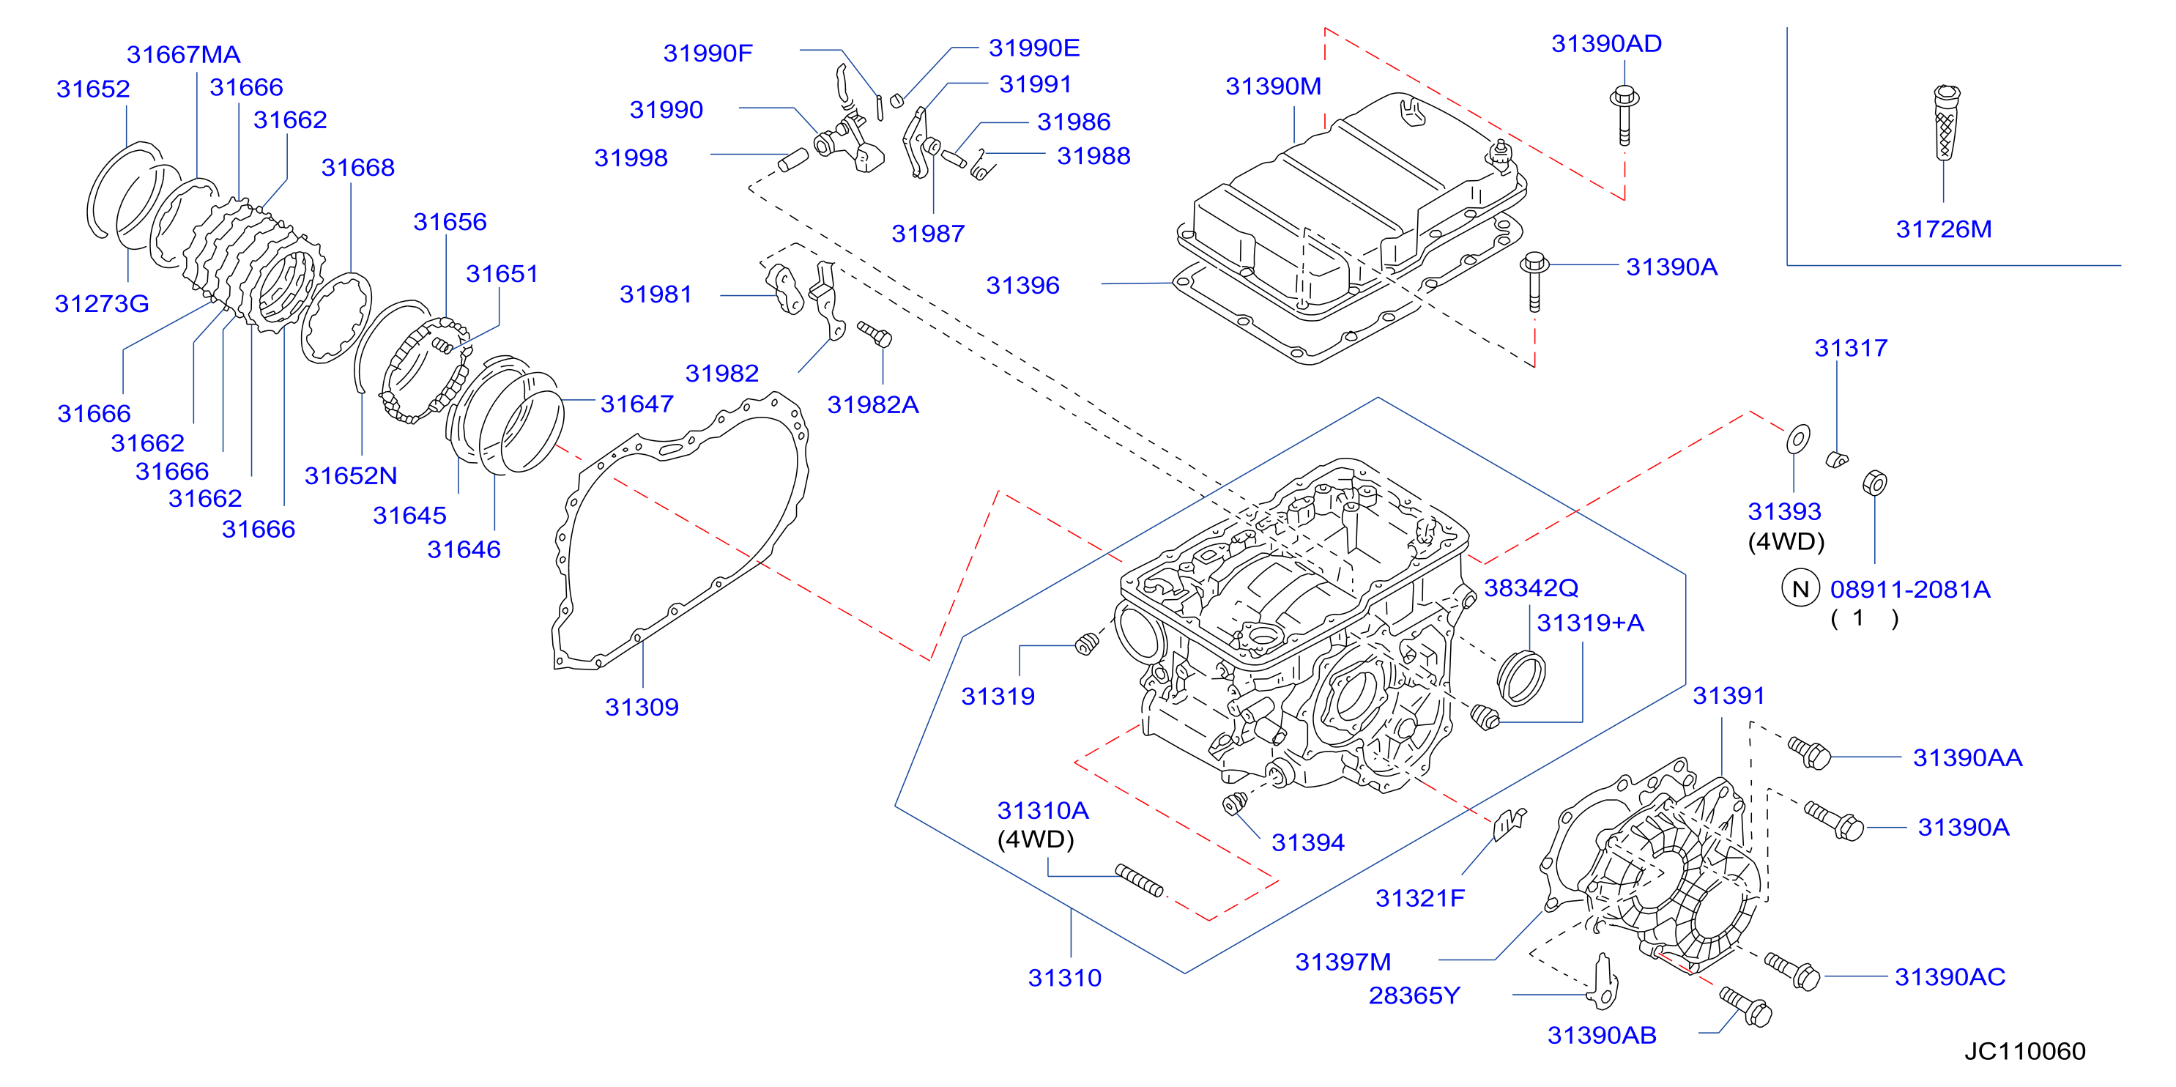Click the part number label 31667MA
pos(183,55)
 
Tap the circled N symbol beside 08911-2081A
pos(1800,589)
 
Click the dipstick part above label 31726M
pos(1945,122)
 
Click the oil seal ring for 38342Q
pos(1521,678)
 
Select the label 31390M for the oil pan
pos(1273,86)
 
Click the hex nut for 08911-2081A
pos(1874,483)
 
